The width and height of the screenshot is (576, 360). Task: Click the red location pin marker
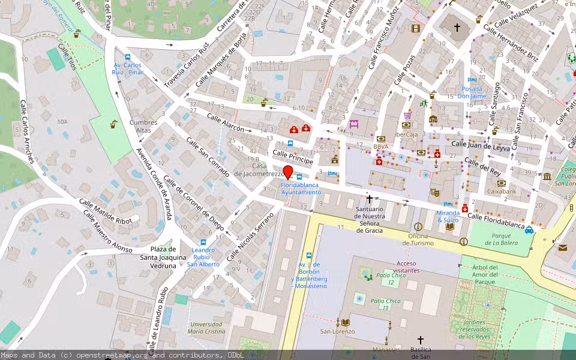point(287,172)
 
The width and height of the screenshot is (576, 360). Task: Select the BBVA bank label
point(380,146)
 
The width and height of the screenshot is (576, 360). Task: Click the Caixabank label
point(502,191)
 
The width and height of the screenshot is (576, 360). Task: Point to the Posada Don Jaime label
point(472,92)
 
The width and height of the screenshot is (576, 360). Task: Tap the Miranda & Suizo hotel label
point(448,216)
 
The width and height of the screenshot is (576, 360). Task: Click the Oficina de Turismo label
point(418,239)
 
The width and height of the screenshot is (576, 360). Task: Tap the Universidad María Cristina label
point(207,327)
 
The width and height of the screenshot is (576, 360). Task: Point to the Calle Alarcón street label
point(225,122)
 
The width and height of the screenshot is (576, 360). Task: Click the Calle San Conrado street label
point(208,157)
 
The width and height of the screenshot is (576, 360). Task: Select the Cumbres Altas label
point(144,126)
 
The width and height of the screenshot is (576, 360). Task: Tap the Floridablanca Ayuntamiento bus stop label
point(301,188)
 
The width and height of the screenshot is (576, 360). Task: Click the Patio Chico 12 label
point(391,278)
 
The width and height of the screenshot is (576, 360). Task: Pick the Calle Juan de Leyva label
point(480,145)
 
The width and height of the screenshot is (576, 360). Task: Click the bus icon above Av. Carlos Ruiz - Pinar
point(127,57)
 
